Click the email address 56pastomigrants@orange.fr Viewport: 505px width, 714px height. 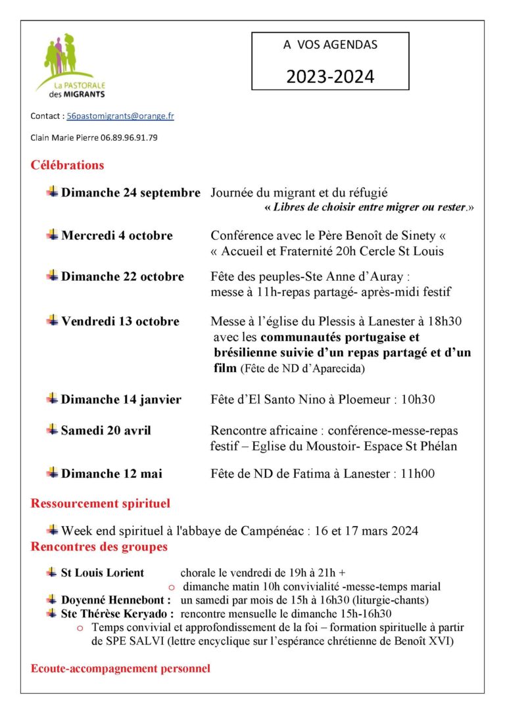tap(120, 116)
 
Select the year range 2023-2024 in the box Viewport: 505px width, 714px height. tap(330, 76)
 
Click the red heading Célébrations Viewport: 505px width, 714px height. tap(67, 165)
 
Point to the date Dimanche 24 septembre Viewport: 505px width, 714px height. tap(131, 193)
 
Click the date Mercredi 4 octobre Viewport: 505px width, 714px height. tap(117, 235)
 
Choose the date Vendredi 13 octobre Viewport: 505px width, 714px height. tap(120, 321)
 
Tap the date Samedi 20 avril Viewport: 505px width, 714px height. tap(106, 431)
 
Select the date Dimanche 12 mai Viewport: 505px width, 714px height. tap(112, 473)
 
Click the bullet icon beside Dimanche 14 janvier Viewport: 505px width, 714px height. tap(52, 398)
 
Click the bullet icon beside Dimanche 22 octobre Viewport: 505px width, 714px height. tap(52, 276)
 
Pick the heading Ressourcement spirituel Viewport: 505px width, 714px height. tap(100, 504)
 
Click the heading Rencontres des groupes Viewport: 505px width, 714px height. tap(99, 546)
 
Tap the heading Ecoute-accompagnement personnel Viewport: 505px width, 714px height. tap(120, 669)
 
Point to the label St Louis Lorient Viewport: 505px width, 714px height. tap(102, 573)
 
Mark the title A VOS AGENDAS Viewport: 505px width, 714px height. tap(330, 45)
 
